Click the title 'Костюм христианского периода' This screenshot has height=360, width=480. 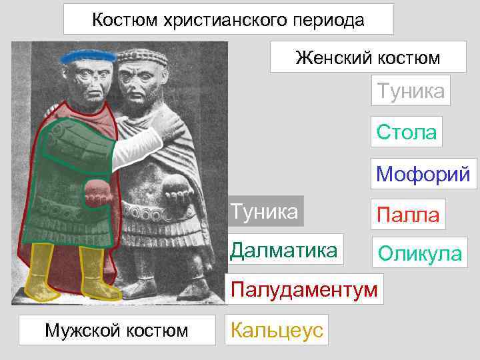click(228, 19)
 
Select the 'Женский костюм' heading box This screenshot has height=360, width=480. click(367, 57)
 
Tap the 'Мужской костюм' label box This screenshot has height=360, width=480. click(117, 329)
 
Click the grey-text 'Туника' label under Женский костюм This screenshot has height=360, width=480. click(411, 90)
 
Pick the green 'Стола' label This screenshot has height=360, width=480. click(406, 131)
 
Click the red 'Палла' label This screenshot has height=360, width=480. click(408, 215)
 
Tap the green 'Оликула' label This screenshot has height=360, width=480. click(419, 253)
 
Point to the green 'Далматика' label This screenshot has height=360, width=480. click(284, 250)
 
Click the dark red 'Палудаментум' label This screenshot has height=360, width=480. click(304, 289)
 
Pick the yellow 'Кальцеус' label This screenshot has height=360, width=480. click(277, 329)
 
